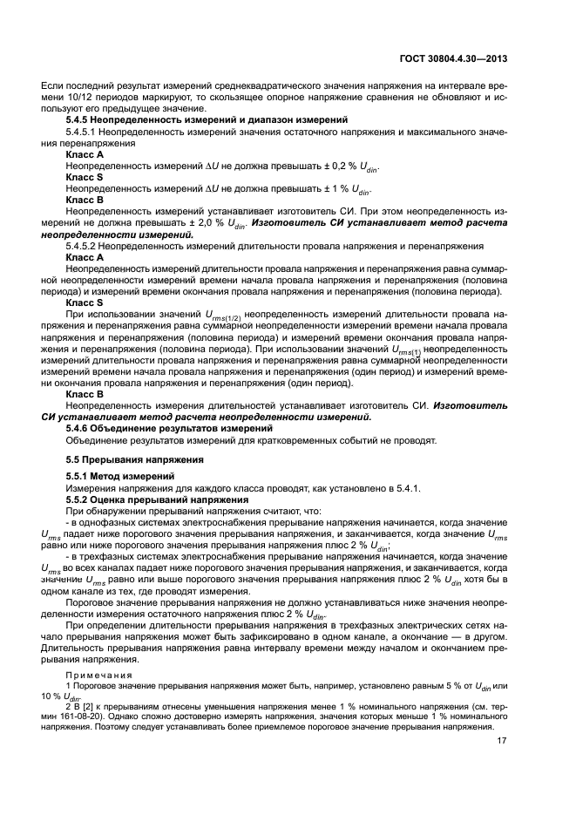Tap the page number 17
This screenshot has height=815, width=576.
click(502, 741)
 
